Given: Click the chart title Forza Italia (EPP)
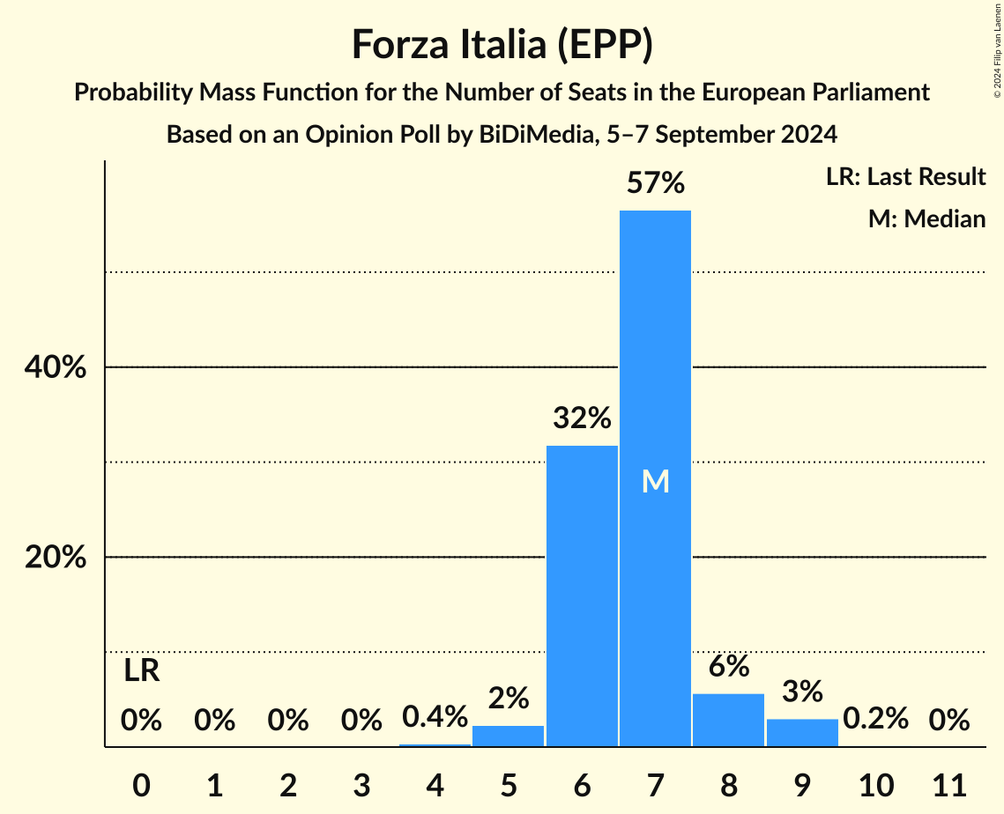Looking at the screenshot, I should click(502, 44).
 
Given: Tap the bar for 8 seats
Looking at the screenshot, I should click(728, 720).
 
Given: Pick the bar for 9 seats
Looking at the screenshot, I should click(801, 732).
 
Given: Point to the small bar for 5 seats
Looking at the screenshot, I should click(509, 736).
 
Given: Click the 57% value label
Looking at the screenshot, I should click(655, 183).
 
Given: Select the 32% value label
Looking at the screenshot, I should click(582, 418).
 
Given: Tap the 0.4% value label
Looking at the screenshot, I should click(435, 717).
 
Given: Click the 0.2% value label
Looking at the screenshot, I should click(875, 719).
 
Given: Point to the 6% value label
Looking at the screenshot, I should click(728, 667).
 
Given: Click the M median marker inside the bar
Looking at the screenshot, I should click(655, 481).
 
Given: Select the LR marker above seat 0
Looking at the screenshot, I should click(141, 671).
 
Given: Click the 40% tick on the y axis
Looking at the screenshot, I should click(56, 367).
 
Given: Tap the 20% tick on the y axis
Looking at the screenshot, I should click(56, 558).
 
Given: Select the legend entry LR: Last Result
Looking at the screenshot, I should click(905, 177).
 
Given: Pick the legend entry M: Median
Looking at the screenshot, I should click(926, 218).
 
